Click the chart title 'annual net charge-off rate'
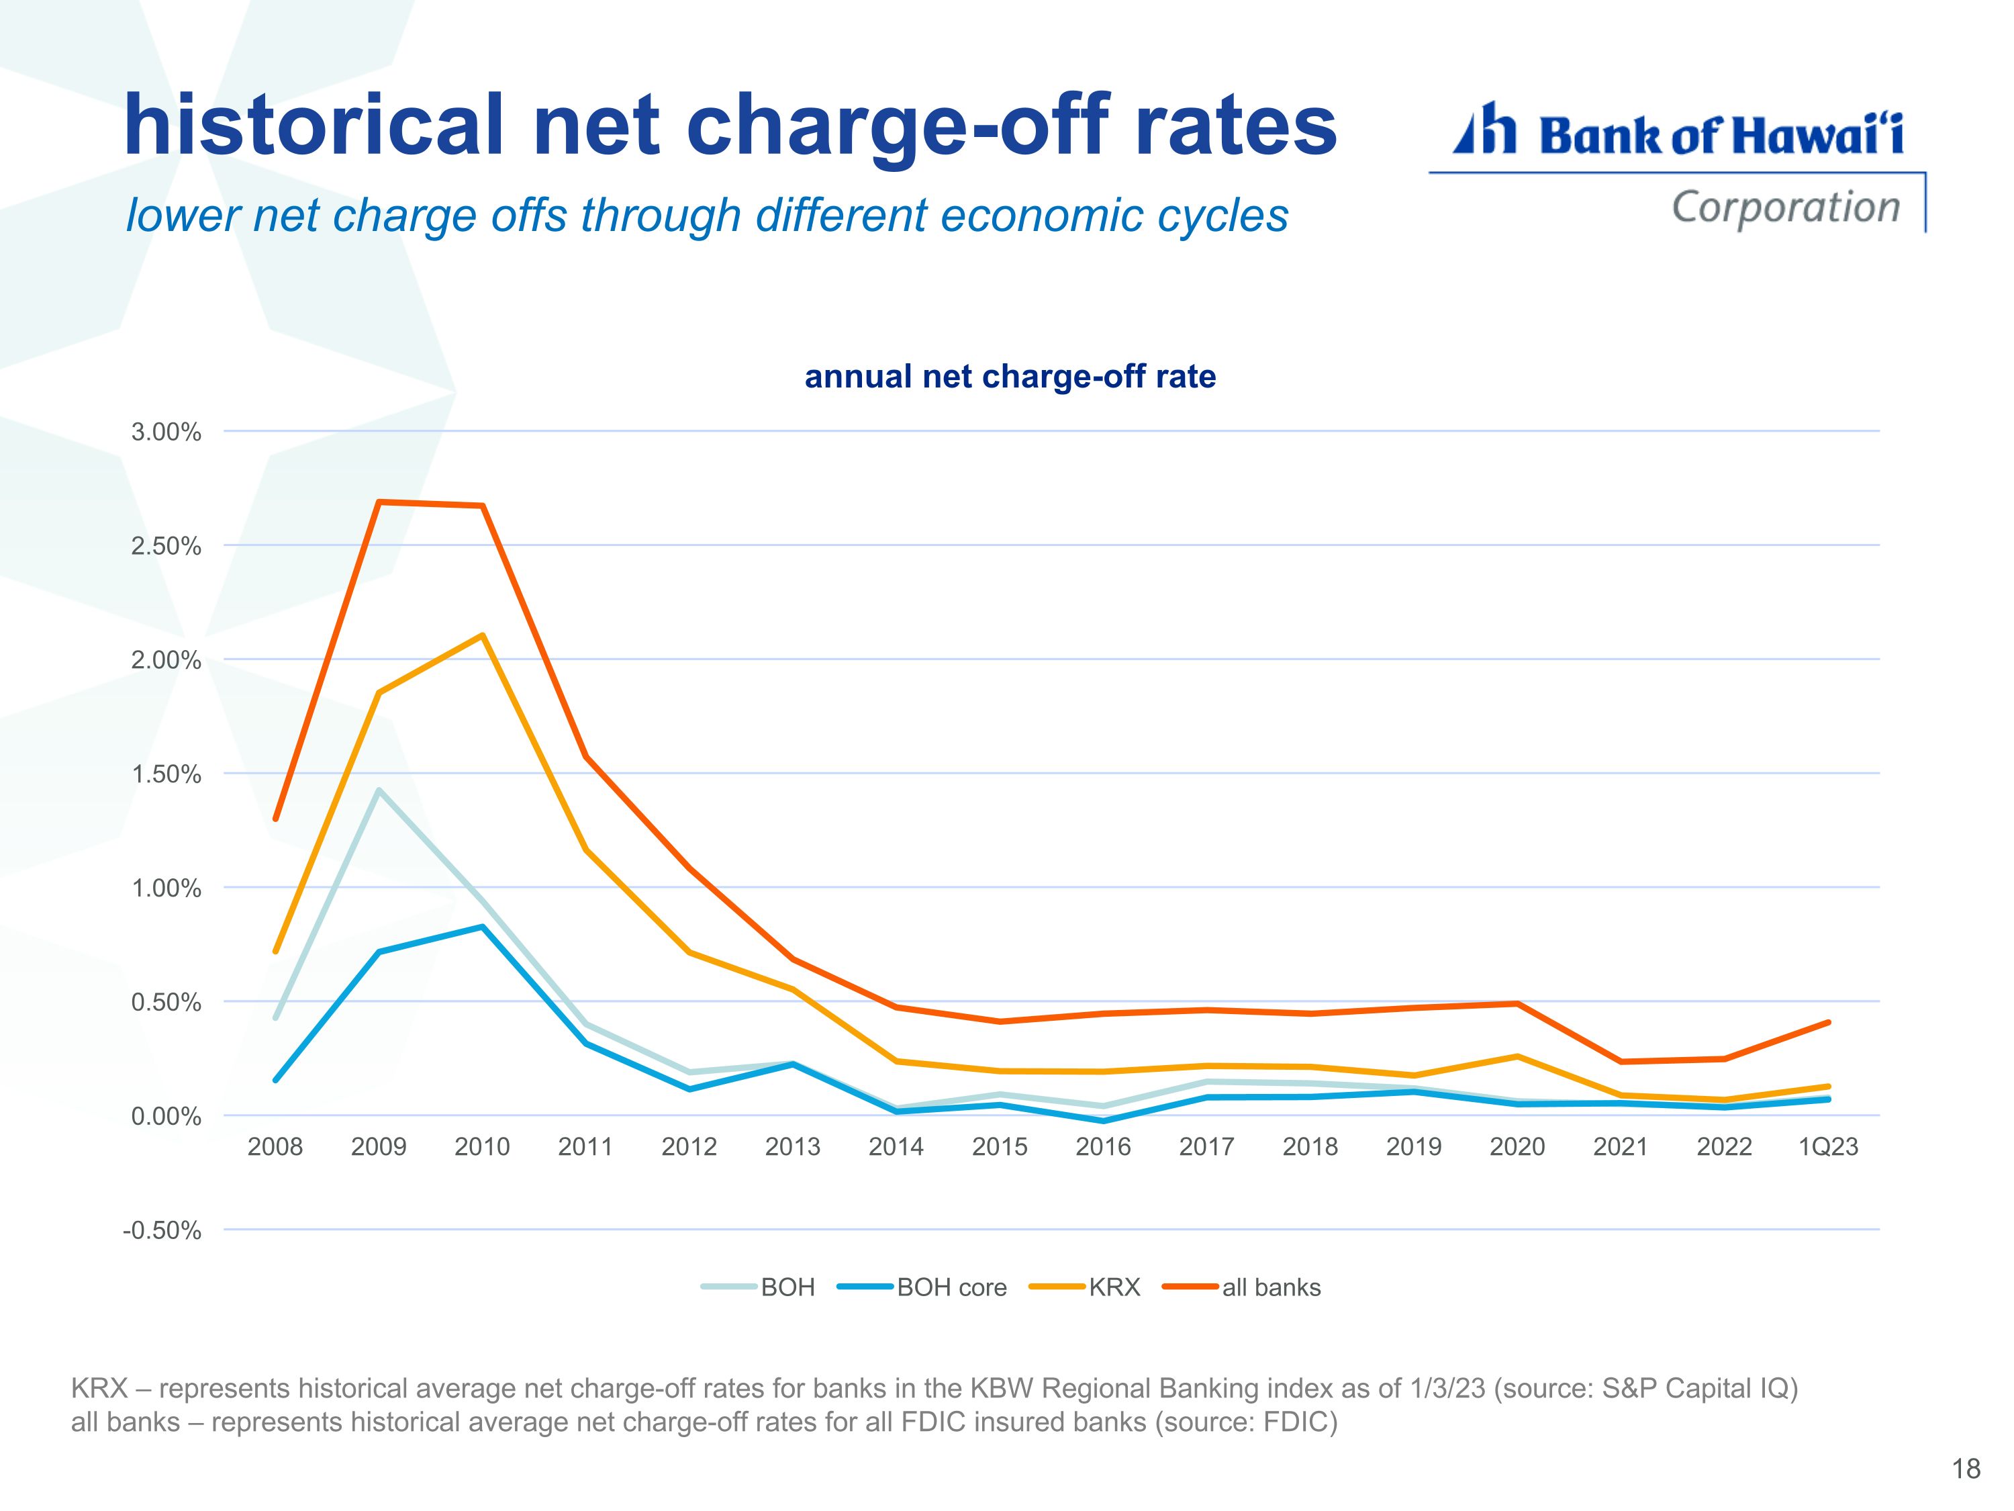coord(1010,376)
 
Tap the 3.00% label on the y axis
coord(166,432)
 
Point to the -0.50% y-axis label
coord(162,1230)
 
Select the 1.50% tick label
coord(166,774)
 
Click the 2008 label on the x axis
coord(275,1147)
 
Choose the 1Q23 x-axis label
coord(1827,1147)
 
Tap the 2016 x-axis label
coord(1102,1147)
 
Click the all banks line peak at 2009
coord(379,502)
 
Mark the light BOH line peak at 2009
coord(379,790)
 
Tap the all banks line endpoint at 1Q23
coord(1828,1022)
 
